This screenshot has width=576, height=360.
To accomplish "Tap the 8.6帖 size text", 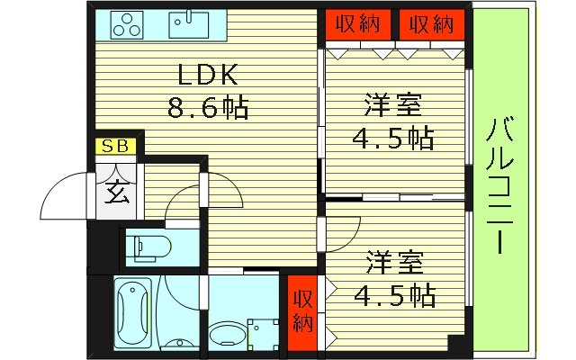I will [x=208, y=109].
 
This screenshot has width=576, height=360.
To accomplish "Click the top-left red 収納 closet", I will [x=359, y=24].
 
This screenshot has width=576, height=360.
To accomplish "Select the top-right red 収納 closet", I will [x=431, y=24].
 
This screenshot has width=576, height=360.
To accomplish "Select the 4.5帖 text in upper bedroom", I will [x=392, y=139].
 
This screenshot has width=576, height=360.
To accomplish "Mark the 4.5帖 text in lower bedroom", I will [x=392, y=294].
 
